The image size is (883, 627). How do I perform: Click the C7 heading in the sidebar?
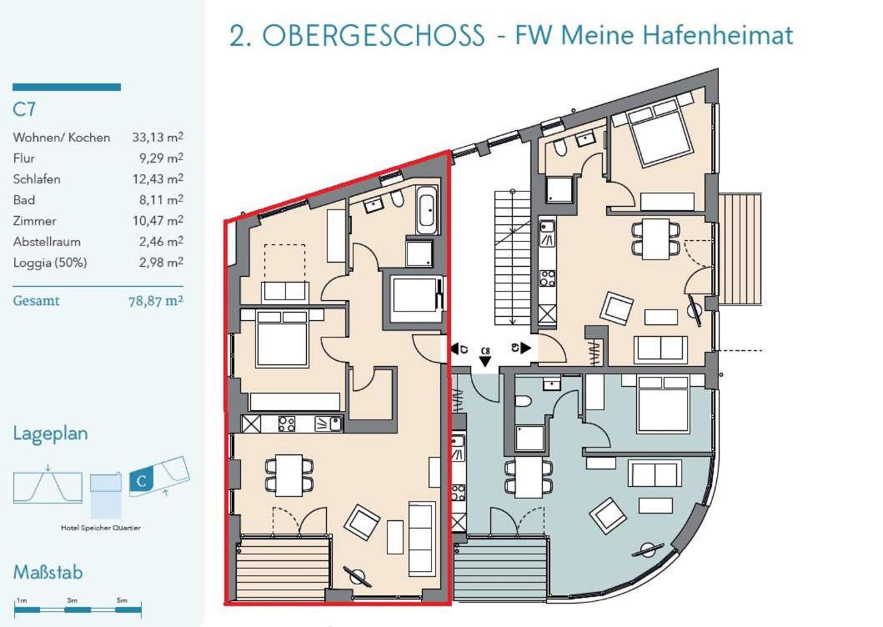pyautogui.click(x=24, y=108)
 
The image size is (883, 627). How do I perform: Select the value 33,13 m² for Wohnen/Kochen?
pyautogui.click(x=158, y=137)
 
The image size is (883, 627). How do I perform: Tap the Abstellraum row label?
pyautogui.click(x=47, y=242)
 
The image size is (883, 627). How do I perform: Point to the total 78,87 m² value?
pyautogui.click(x=156, y=301)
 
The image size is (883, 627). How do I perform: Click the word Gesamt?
pyautogui.click(x=36, y=301)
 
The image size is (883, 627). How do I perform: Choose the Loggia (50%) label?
pyautogui.click(x=50, y=263)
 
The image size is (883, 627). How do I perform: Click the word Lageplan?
pyautogui.click(x=51, y=434)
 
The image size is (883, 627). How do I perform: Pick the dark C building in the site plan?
pyautogui.click(x=142, y=480)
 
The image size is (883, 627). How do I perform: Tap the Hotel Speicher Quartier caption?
pyautogui.click(x=101, y=528)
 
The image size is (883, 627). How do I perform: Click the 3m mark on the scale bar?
pyautogui.click(x=72, y=600)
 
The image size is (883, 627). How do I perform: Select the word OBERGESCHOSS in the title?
pyautogui.click(x=374, y=36)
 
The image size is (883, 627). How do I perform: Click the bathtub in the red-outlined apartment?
pyautogui.click(x=427, y=210)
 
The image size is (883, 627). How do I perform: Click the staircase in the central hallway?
pyautogui.click(x=513, y=258)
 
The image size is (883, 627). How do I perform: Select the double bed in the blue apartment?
pyautogui.click(x=663, y=404)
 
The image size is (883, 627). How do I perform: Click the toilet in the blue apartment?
pyautogui.click(x=523, y=401)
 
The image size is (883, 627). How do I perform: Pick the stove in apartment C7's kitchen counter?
pyautogui.click(x=287, y=424)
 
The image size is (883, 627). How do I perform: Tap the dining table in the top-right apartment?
pyautogui.click(x=655, y=238)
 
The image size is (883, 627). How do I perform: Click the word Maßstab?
pyautogui.click(x=48, y=572)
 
